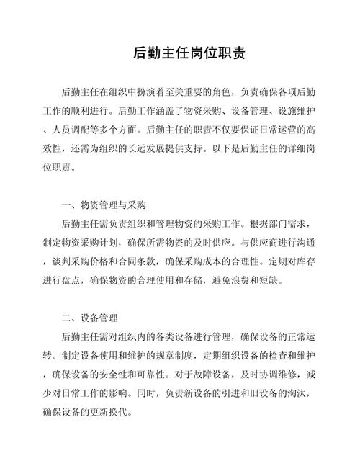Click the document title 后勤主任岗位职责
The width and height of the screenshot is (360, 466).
click(180, 53)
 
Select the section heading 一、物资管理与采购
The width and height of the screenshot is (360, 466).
click(105, 205)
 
